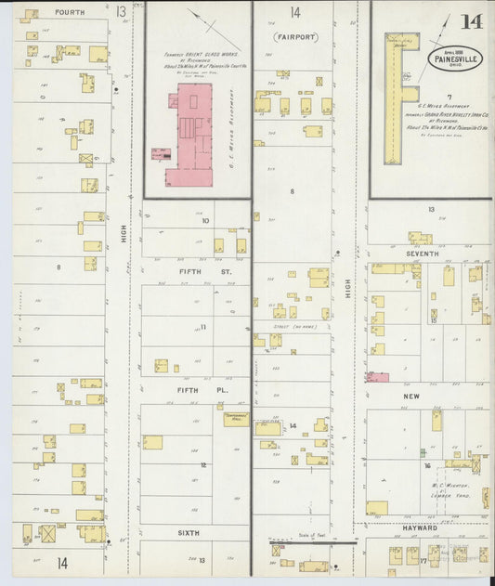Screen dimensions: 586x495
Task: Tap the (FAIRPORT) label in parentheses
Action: pos(294,36)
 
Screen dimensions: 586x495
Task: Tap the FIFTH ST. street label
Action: pos(197,272)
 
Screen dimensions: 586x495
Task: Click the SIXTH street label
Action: pos(189,533)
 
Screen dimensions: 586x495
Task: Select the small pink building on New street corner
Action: pos(376,377)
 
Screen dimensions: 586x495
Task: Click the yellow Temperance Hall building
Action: pos(236,419)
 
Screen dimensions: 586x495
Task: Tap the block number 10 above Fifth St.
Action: pos(204,221)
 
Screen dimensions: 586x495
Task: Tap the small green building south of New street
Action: pos(436,421)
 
